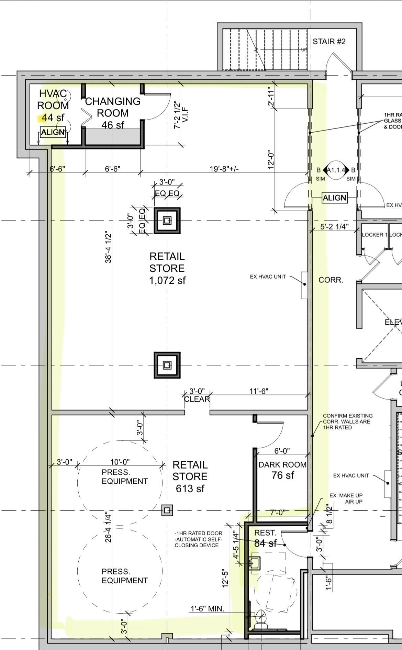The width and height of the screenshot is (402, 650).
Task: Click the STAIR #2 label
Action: [329, 42]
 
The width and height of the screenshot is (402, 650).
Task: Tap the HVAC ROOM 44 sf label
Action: [53, 105]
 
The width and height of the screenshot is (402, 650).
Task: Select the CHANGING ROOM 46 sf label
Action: [113, 113]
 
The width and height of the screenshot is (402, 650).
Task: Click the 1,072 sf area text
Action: [167, 281]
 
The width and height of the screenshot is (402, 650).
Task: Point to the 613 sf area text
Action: [190, 489]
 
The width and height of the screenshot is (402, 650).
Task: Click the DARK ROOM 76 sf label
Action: [282, 470]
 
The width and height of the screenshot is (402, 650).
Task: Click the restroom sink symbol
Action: [254, 563]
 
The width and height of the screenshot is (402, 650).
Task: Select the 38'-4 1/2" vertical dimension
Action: [108, 247]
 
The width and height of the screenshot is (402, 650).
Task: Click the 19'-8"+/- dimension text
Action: [224, 169]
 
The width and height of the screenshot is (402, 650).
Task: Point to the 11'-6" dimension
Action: [259, 391]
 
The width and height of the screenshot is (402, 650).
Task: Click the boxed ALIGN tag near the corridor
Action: [334, 198]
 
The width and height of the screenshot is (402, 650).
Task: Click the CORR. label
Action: [331, 280]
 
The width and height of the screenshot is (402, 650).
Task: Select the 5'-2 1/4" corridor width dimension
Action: [334, 227]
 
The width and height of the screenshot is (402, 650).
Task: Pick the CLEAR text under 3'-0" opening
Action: [197, 399]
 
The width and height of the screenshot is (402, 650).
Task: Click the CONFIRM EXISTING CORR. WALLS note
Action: [348, 422]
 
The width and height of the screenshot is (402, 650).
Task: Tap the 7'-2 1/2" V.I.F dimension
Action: [179, 115]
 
